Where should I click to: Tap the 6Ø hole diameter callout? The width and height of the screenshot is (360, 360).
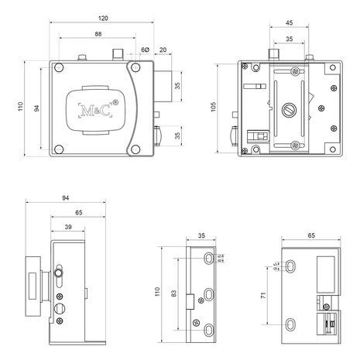(x=145, y=50)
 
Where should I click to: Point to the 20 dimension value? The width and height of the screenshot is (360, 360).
(x=163, y=50)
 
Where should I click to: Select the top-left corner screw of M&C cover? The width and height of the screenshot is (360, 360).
(x=58, y=68)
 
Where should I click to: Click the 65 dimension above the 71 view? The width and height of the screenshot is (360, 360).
(x=310, y=233)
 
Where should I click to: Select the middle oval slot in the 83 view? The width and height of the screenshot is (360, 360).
(x=207, y=294)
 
